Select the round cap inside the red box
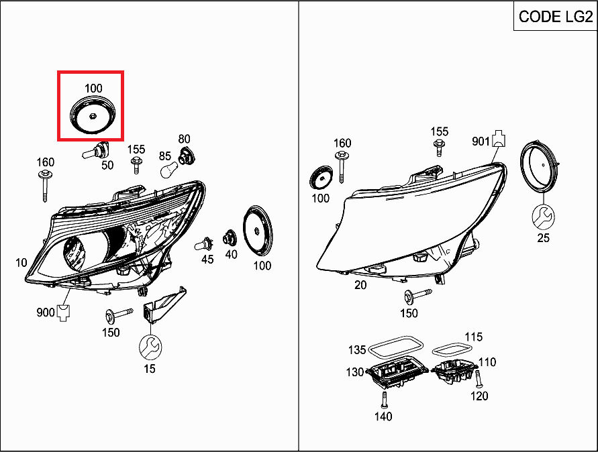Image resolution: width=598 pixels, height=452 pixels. click(93, 116)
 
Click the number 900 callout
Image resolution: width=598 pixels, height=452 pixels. click(46, 313)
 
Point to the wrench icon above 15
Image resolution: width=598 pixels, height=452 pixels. click(150, 347)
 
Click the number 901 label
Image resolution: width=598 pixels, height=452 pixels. click(481, 141)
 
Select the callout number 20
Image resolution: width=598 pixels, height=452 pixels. click(360, 285)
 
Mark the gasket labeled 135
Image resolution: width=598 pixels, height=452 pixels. click(396, 347)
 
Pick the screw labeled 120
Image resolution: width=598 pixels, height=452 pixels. click(478, 381)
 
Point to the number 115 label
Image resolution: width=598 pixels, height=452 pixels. click(473, 337)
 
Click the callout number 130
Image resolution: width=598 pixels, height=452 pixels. click(355, 372)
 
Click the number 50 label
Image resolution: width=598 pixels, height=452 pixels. click(107, 165)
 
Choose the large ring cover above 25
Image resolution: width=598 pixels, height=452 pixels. click(542, 165)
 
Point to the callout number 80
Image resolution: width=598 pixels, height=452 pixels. click(184, 139)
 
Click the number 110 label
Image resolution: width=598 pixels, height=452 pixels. click(487, 362)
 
